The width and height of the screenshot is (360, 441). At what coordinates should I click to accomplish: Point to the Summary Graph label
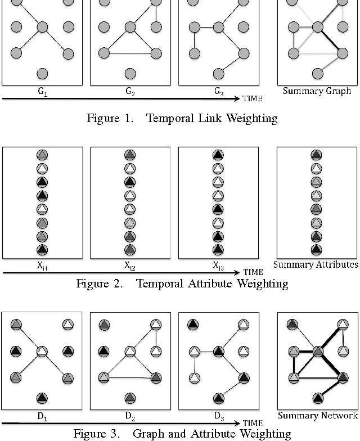(317, 91)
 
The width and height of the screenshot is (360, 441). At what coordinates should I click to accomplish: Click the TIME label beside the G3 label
(252, 98)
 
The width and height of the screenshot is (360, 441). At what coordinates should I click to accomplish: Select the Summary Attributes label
(316, 264)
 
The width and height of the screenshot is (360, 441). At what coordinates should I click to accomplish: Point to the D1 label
(43, 417)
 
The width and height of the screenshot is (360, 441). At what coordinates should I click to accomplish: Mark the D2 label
(130, 417)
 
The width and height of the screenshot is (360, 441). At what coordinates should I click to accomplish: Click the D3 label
(218, 417)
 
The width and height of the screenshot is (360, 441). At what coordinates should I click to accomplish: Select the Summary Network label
(318, 416)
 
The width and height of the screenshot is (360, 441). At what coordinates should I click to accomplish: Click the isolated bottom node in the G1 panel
(42, 73)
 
